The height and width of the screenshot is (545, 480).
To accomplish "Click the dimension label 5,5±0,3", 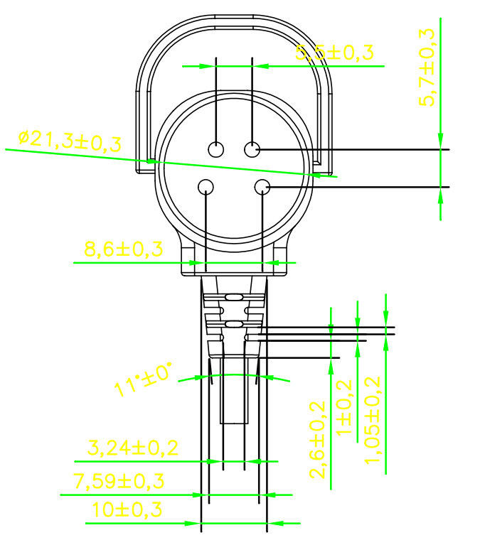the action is (x=334, y=53).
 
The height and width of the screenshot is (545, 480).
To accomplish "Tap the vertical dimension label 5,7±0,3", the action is (x=427, y=67).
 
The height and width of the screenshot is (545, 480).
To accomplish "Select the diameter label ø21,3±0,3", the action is (x=70, y=141).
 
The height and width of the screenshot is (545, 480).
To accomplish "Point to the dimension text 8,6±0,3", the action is (x=124, y=249).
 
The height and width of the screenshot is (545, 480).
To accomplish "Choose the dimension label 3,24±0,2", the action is (x=132, y=448).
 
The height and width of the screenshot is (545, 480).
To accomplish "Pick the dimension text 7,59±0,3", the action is (x=119, y=481).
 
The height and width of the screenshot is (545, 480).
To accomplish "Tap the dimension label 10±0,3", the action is (x=127, y=509).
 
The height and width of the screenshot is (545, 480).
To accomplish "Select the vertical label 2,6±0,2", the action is (x=318, y=440).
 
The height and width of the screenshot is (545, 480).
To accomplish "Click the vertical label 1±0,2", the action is (x=345, y=407).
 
